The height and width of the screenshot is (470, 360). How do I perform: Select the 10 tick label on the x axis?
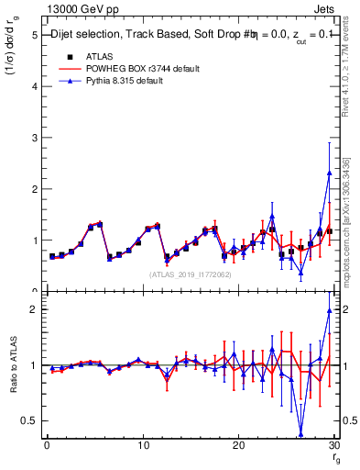pos(142,444)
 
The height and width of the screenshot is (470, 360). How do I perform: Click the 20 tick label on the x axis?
pos(238,444)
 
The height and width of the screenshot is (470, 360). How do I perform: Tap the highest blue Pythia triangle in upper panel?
pos(329,173)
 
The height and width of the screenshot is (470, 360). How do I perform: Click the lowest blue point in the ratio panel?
pos(300,433)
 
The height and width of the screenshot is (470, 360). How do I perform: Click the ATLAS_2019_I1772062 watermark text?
pos(187,274)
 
